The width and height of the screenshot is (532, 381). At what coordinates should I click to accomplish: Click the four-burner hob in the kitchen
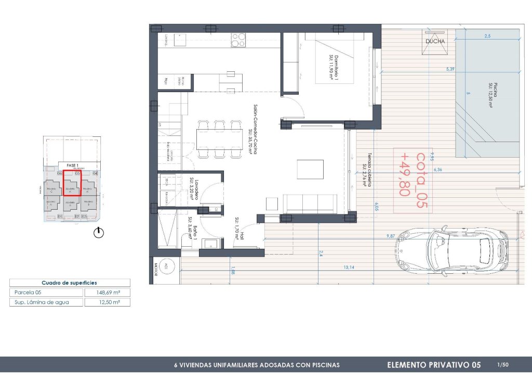click(238, 41)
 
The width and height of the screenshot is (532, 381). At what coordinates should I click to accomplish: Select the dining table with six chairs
click(219, 138)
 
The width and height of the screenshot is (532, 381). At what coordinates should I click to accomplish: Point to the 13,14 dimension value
click(349, 268)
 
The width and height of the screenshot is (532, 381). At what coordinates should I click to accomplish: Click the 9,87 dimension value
click(390, 236)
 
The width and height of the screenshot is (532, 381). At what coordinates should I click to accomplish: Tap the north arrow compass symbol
click(99, 233)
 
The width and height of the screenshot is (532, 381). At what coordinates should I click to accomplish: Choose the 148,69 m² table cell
click(107, 293)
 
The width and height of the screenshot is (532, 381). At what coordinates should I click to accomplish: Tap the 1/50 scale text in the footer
click(502, 365)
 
